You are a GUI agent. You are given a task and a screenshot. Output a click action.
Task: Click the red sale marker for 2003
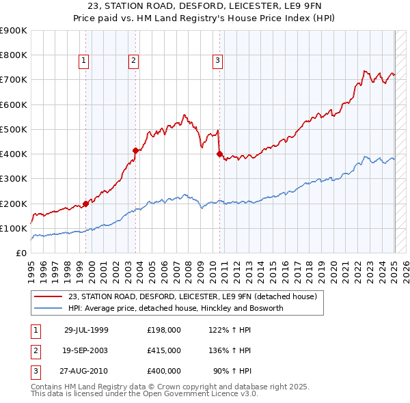(x=136, y=150)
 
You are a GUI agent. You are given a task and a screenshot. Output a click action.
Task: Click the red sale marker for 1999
(x=86, y=203)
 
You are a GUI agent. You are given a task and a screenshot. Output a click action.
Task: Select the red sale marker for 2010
(x=219, y=154)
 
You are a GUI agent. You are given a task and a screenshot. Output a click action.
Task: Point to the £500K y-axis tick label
(x=14, y=129)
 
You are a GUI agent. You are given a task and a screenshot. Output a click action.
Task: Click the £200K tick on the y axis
(x=14, y=204)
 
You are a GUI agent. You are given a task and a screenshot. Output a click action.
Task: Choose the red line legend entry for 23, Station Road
(x=193, y=297)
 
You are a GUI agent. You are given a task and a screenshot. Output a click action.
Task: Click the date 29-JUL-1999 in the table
(x=86, y=330)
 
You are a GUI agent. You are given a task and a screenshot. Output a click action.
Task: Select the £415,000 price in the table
(x=164, y=350)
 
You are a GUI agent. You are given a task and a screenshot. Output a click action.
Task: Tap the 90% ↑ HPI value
(x=233, y=371)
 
